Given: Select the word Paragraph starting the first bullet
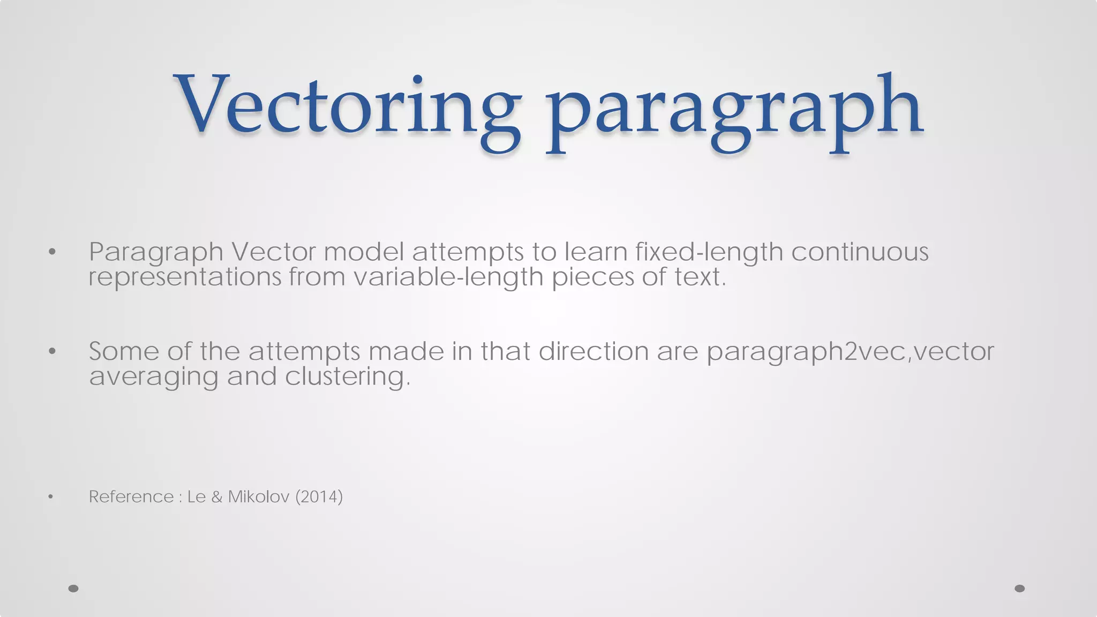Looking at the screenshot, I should tap(156, 252).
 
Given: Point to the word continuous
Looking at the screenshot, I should tap(860, 252).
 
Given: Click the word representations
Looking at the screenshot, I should tap(184, 277).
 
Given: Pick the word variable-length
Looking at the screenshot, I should tap(448, 277).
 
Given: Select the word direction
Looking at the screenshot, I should tap(593, 352).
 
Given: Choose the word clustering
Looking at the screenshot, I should tap(347, 377).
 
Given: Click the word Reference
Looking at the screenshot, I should tap(131, 497).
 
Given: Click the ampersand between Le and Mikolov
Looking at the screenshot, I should tap(217, 497).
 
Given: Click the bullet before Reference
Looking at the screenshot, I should tap(50, 497).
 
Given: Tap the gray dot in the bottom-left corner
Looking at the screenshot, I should tap(73, 589).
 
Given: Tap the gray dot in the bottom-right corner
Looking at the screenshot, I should tap(1019, 589).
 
